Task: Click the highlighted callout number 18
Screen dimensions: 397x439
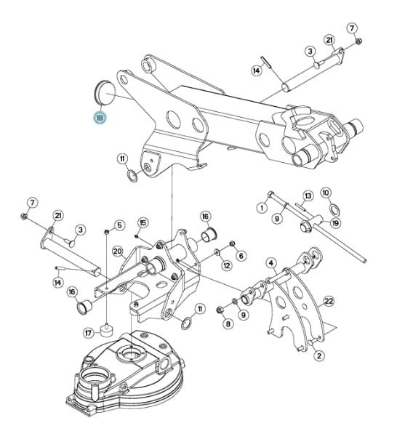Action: [x=100, y=118]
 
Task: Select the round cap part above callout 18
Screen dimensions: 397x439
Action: [x=103, y=93]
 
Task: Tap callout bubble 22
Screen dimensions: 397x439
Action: [x=329, y=301]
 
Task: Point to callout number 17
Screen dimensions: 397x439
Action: [x=88, y=333]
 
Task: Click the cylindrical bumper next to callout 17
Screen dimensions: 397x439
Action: [x=107, y=330]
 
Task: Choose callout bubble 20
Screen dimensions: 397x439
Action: [x=118, y=251]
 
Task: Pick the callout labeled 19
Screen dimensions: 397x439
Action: [x=335, y=223]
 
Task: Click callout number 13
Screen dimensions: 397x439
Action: [x=308, y=196]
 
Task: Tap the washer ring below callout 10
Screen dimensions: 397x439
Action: [x=334, y=209]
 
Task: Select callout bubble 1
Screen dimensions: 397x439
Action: [x=262, y=208]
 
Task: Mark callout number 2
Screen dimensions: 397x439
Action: [x=319, y=356]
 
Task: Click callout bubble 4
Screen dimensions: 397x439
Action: [x=271, y=263]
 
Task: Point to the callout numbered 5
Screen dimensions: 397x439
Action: [x=120, y=225]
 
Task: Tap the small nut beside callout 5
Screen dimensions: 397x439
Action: [x=106, y=232]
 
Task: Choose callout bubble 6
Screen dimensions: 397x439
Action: [x=241, y=255]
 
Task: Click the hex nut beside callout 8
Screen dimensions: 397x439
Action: [x=220, y=310]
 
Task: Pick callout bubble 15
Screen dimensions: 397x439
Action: [x=143, y=223]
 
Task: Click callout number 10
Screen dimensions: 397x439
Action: [x=326, y=193]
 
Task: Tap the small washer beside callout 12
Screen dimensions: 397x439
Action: [x=217, y=252]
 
